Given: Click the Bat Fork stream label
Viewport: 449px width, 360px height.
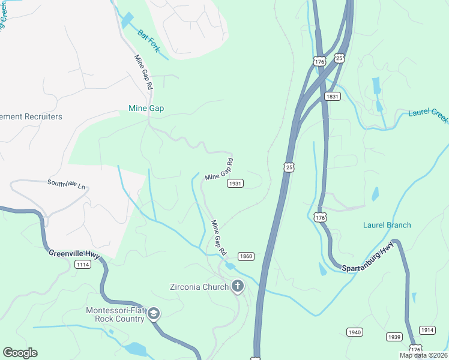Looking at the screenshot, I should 148,41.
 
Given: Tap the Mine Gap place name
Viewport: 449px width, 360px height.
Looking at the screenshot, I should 146,109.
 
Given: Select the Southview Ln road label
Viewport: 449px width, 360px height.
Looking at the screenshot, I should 66,183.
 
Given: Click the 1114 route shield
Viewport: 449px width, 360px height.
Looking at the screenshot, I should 83,265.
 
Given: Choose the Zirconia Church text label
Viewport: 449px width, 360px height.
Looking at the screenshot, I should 199,287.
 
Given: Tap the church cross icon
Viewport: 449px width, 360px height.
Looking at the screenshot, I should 238,286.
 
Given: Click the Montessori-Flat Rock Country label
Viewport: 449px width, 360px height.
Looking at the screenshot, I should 115,314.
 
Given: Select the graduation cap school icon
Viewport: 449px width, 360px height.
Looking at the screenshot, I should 154,314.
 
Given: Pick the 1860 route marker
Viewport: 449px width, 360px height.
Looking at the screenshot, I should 246,256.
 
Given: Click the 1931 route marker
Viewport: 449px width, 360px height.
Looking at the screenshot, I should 235,184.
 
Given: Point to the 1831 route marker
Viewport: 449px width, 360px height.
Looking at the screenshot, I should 333,96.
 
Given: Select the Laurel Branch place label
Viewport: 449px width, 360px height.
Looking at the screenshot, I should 387,225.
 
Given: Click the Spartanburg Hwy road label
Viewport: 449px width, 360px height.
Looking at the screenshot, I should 369,257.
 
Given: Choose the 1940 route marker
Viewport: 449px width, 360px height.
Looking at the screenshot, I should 354,332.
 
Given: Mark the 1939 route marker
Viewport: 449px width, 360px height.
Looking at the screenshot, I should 394,337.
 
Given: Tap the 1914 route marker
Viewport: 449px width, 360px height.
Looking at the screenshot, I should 427,330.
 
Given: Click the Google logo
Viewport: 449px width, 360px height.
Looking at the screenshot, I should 20,353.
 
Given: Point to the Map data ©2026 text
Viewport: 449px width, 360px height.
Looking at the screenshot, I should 423,355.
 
